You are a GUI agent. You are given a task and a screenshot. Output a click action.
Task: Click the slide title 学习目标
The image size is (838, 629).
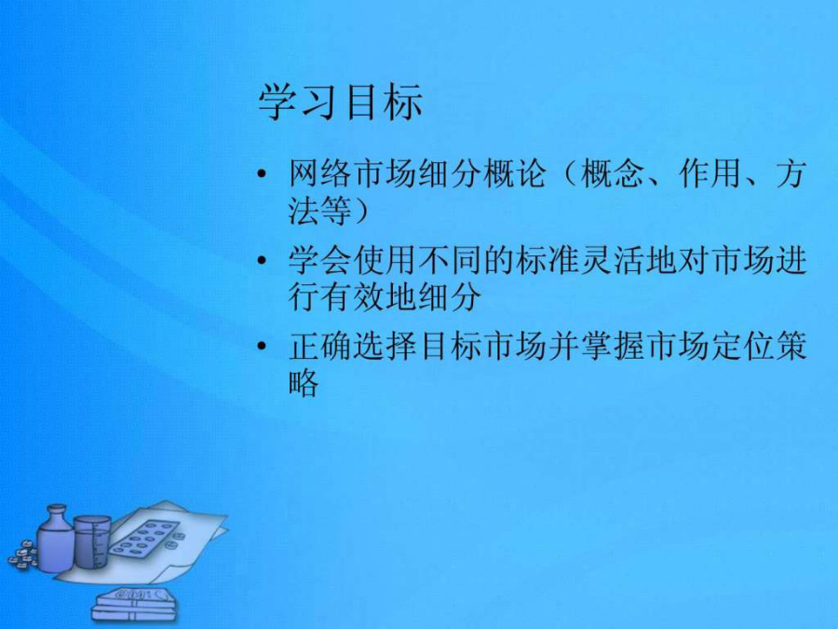click(341, 102)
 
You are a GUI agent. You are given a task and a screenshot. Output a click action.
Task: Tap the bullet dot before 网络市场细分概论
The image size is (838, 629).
click(262, 174)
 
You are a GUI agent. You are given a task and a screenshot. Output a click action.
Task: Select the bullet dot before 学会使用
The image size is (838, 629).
click(262, 261)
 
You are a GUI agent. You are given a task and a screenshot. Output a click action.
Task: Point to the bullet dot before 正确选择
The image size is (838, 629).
click(262, 346)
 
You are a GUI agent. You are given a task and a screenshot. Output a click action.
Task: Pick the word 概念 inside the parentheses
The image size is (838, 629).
click(612, 174)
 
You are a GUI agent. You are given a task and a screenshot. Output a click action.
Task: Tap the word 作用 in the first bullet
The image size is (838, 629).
click(710, 174)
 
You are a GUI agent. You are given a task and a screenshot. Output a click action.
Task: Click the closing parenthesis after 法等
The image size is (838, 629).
click(360, 210)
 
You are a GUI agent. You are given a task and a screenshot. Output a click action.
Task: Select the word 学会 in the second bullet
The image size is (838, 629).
click(320, 261)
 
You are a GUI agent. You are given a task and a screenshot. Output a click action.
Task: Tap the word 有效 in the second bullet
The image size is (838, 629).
click(353, 296)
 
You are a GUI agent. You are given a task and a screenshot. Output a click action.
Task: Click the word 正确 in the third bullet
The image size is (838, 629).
click(320, 346)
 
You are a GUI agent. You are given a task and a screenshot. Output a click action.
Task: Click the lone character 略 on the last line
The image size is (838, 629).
click(304, 381)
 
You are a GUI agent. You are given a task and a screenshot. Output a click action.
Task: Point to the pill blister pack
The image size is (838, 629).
click(143, 540)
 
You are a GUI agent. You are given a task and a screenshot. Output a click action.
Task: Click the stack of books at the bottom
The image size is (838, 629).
click(133, 605)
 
